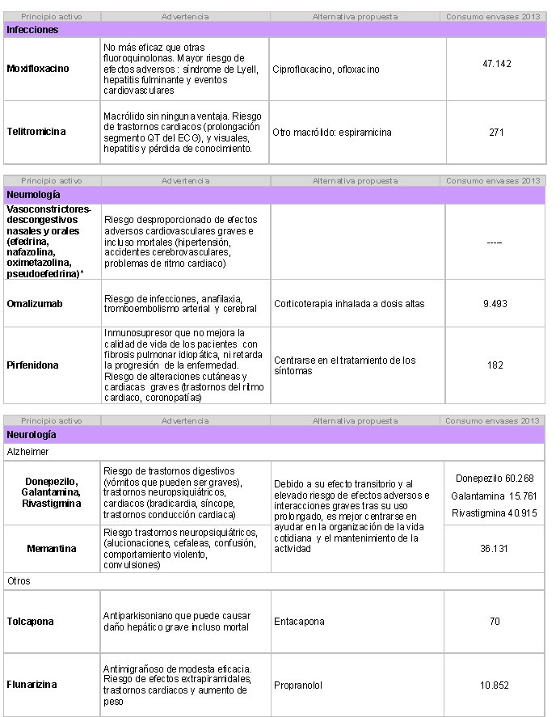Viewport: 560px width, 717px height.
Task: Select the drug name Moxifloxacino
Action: coord(37,69)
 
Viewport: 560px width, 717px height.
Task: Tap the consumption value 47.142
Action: coord(496,63)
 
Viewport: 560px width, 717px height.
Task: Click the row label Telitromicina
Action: coord(36,131)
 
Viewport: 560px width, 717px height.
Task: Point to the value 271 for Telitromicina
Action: coord(496,132)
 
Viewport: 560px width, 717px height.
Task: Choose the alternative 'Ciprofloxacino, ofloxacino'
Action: coord(326,70)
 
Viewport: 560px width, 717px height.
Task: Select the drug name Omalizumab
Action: coord(34,303)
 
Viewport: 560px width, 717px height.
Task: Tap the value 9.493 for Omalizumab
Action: coord(496,303)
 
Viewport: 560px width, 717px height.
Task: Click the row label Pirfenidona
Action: coord(32,365)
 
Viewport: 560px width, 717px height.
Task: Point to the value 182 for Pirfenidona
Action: coord(496,365)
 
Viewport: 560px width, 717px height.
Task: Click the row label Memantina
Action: coord(51,549)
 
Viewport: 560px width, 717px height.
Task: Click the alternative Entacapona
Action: coord(299,622)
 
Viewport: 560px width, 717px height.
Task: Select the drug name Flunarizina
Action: coord(32,685)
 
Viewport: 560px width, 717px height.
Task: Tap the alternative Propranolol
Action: coord(298,685)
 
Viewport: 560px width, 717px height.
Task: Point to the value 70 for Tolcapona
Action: coord(495,622)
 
